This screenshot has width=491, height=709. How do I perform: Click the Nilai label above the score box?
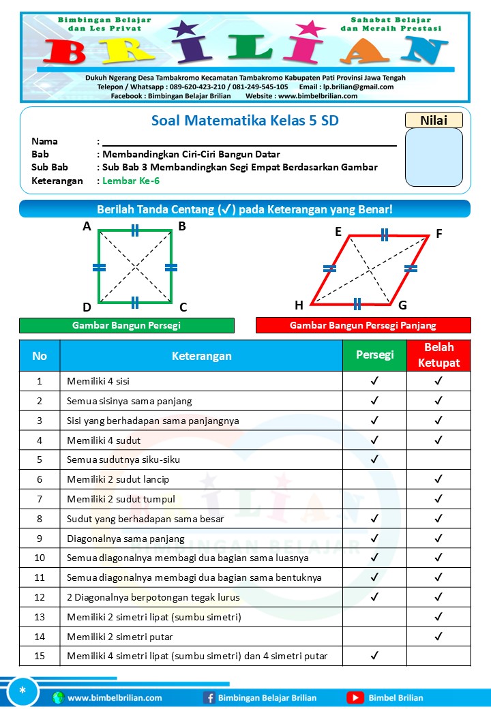point(434,120)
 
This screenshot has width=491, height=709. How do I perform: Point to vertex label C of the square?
point(183,307)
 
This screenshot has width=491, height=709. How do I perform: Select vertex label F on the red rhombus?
point(439,233)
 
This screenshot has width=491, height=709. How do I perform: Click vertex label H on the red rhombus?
point(299,305)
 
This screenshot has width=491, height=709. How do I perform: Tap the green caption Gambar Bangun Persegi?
point(126,326)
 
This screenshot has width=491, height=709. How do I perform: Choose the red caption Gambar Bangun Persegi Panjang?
point(363,326)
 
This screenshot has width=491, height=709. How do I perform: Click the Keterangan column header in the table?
point(201,356)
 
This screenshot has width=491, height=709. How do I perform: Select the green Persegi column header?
point(374,355)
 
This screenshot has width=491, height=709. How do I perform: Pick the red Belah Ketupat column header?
point(438,355)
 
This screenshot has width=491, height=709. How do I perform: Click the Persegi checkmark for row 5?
point(374,459)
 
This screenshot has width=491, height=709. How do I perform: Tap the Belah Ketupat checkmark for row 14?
point(438,637)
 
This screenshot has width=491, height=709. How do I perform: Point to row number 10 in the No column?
point(40,558)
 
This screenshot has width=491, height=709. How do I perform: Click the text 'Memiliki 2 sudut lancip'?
point(118,479)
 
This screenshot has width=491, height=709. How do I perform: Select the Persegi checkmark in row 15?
point(374,656)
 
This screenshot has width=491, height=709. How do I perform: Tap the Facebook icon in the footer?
point(209,697)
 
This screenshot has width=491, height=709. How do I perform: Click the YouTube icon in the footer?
point(355,697)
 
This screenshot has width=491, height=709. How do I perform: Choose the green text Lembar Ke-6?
point(131,181)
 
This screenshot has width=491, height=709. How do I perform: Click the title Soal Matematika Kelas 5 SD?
point(245,121)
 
